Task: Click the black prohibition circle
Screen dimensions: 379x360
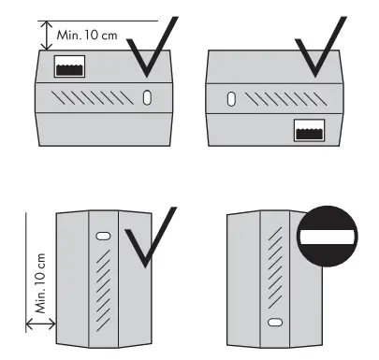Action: coord(327,240)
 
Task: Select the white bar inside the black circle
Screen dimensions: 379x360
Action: coord(327,240)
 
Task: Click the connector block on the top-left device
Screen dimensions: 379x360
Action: coord(71,66)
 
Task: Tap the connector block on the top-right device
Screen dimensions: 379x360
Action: coord(312,130)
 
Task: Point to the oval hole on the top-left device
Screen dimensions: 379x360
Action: coord(149,97)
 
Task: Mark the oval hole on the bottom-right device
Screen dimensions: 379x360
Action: coord(273,323)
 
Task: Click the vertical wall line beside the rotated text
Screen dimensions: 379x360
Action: coord(26,271)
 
